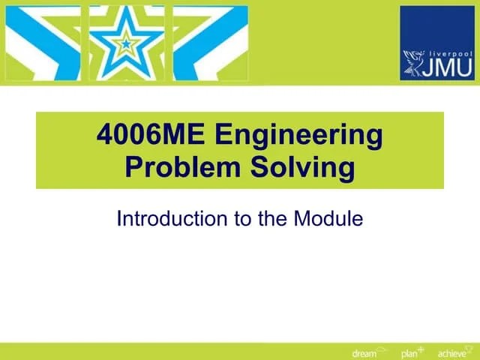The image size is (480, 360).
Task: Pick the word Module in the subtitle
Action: click(x=328, y=219)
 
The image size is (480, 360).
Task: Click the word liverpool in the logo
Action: click(x=450, y=54)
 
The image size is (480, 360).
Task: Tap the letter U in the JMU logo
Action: click(x=464, y=69)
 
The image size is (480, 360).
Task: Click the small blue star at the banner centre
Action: click(x=126, y=43)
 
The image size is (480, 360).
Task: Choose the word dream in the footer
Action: click(x=364, y=353)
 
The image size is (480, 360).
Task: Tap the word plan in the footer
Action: click(x=409, y=353)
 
